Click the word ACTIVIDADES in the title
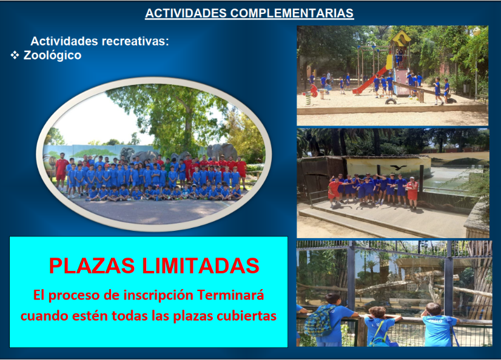pos(186,13)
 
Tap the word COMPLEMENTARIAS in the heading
pos(292,13)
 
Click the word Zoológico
pos(52,55)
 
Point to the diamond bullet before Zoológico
pos(15,55)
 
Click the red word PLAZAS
pos(92,265)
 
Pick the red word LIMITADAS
pos(200,265)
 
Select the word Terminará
pos(230,295)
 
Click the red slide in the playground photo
pos(370,80)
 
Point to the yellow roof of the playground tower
pos(402,38)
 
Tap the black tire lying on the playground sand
pos(391,101)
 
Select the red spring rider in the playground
pos(314,91)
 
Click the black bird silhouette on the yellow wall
pos(398,167)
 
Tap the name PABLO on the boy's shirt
pos(435,321)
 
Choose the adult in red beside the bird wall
pos(412,193)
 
